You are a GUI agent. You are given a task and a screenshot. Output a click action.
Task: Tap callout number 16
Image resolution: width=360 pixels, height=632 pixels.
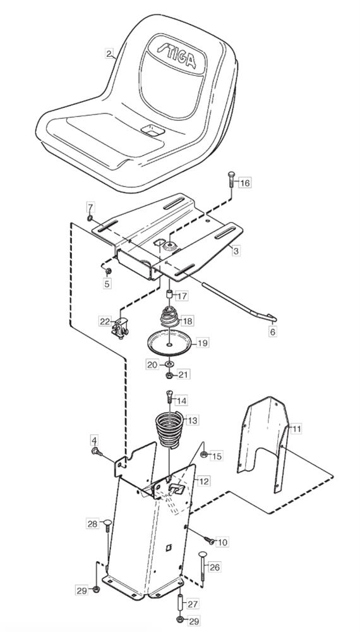tap(244, 183)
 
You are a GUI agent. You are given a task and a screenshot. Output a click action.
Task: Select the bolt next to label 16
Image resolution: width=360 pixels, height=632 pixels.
tap(231, 184)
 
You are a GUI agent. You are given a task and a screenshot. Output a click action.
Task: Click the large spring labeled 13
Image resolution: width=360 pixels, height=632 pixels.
tap(169, 430)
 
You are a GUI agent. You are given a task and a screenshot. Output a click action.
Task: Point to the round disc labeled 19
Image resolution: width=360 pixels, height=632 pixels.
tap(169, 343)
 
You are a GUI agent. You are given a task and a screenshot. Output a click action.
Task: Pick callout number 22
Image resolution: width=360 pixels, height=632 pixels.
tap(105, 321)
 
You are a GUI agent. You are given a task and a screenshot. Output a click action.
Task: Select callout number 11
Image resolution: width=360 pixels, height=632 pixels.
tap(296, 429)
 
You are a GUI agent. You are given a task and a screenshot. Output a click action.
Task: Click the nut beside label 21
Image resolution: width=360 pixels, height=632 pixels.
tap(170, 375)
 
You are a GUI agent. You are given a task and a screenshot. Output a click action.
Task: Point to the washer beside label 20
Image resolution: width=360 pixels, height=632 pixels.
tap(169, 364)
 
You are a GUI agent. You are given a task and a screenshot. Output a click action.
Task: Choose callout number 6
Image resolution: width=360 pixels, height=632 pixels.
tap(273, 332)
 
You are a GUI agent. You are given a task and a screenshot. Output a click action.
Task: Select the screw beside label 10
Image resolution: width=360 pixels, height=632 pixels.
tap(210, 540)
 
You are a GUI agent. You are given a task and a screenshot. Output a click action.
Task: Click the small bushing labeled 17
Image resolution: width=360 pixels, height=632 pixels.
tap(170, 293)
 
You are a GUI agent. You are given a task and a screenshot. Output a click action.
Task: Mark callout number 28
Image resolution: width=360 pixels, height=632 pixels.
tap(92, 524)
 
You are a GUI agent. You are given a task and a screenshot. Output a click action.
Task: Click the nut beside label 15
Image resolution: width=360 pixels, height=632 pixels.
tap(204, 455)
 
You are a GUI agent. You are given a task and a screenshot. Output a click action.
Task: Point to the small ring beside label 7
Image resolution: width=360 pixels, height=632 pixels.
tap(90, 218)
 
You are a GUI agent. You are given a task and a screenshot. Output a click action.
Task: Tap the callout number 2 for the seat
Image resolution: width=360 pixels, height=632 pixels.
tap(109, 53)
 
